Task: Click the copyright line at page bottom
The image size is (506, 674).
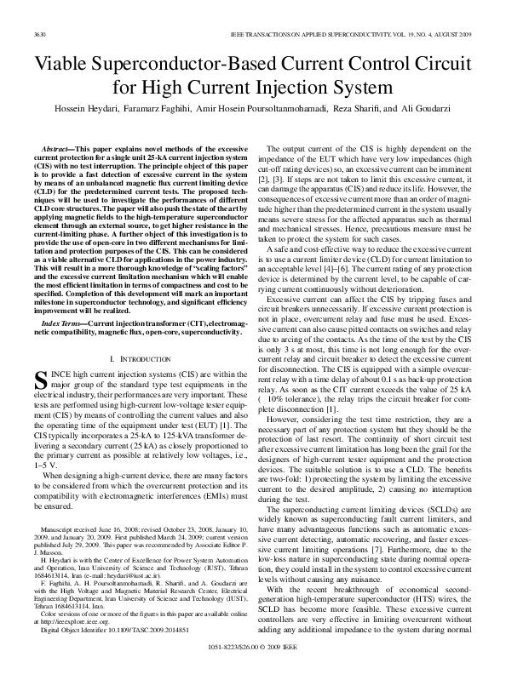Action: click(x=253, y=648)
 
